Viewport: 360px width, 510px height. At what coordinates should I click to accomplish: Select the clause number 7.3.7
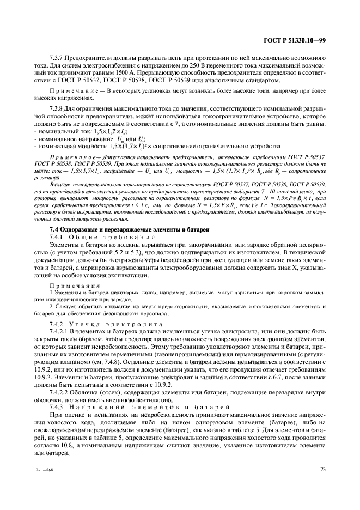(x=57, y=57)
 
